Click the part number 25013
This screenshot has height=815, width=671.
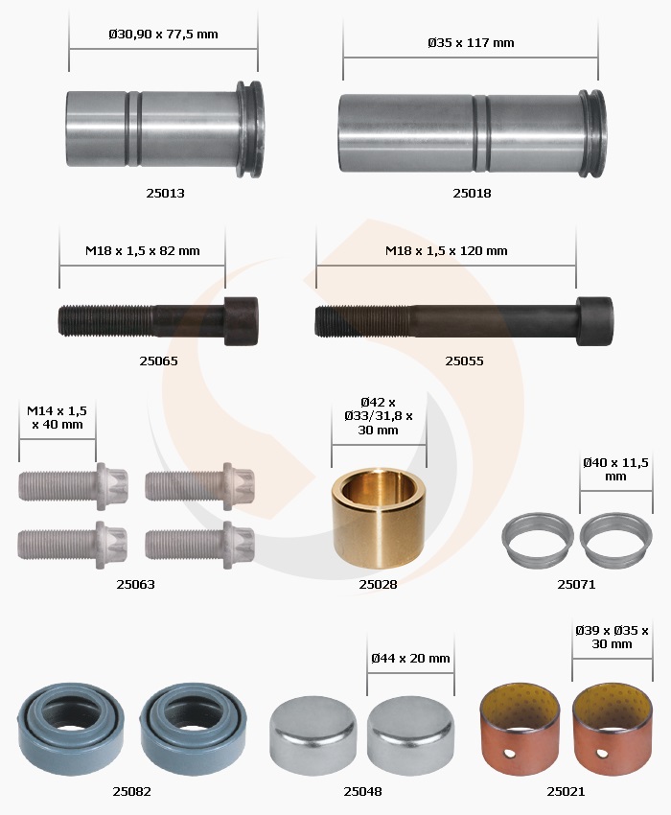[165, 194]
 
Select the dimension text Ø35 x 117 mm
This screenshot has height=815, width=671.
[471, 42]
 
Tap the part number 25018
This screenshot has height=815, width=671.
[472, 194]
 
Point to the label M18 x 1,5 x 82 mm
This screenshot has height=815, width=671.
[143, 250]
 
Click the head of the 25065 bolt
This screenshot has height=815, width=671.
[242, 321]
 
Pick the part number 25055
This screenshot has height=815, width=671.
[464, 361]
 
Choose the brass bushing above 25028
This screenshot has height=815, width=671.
[379, 517]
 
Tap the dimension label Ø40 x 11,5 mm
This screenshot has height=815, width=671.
[615, 470]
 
